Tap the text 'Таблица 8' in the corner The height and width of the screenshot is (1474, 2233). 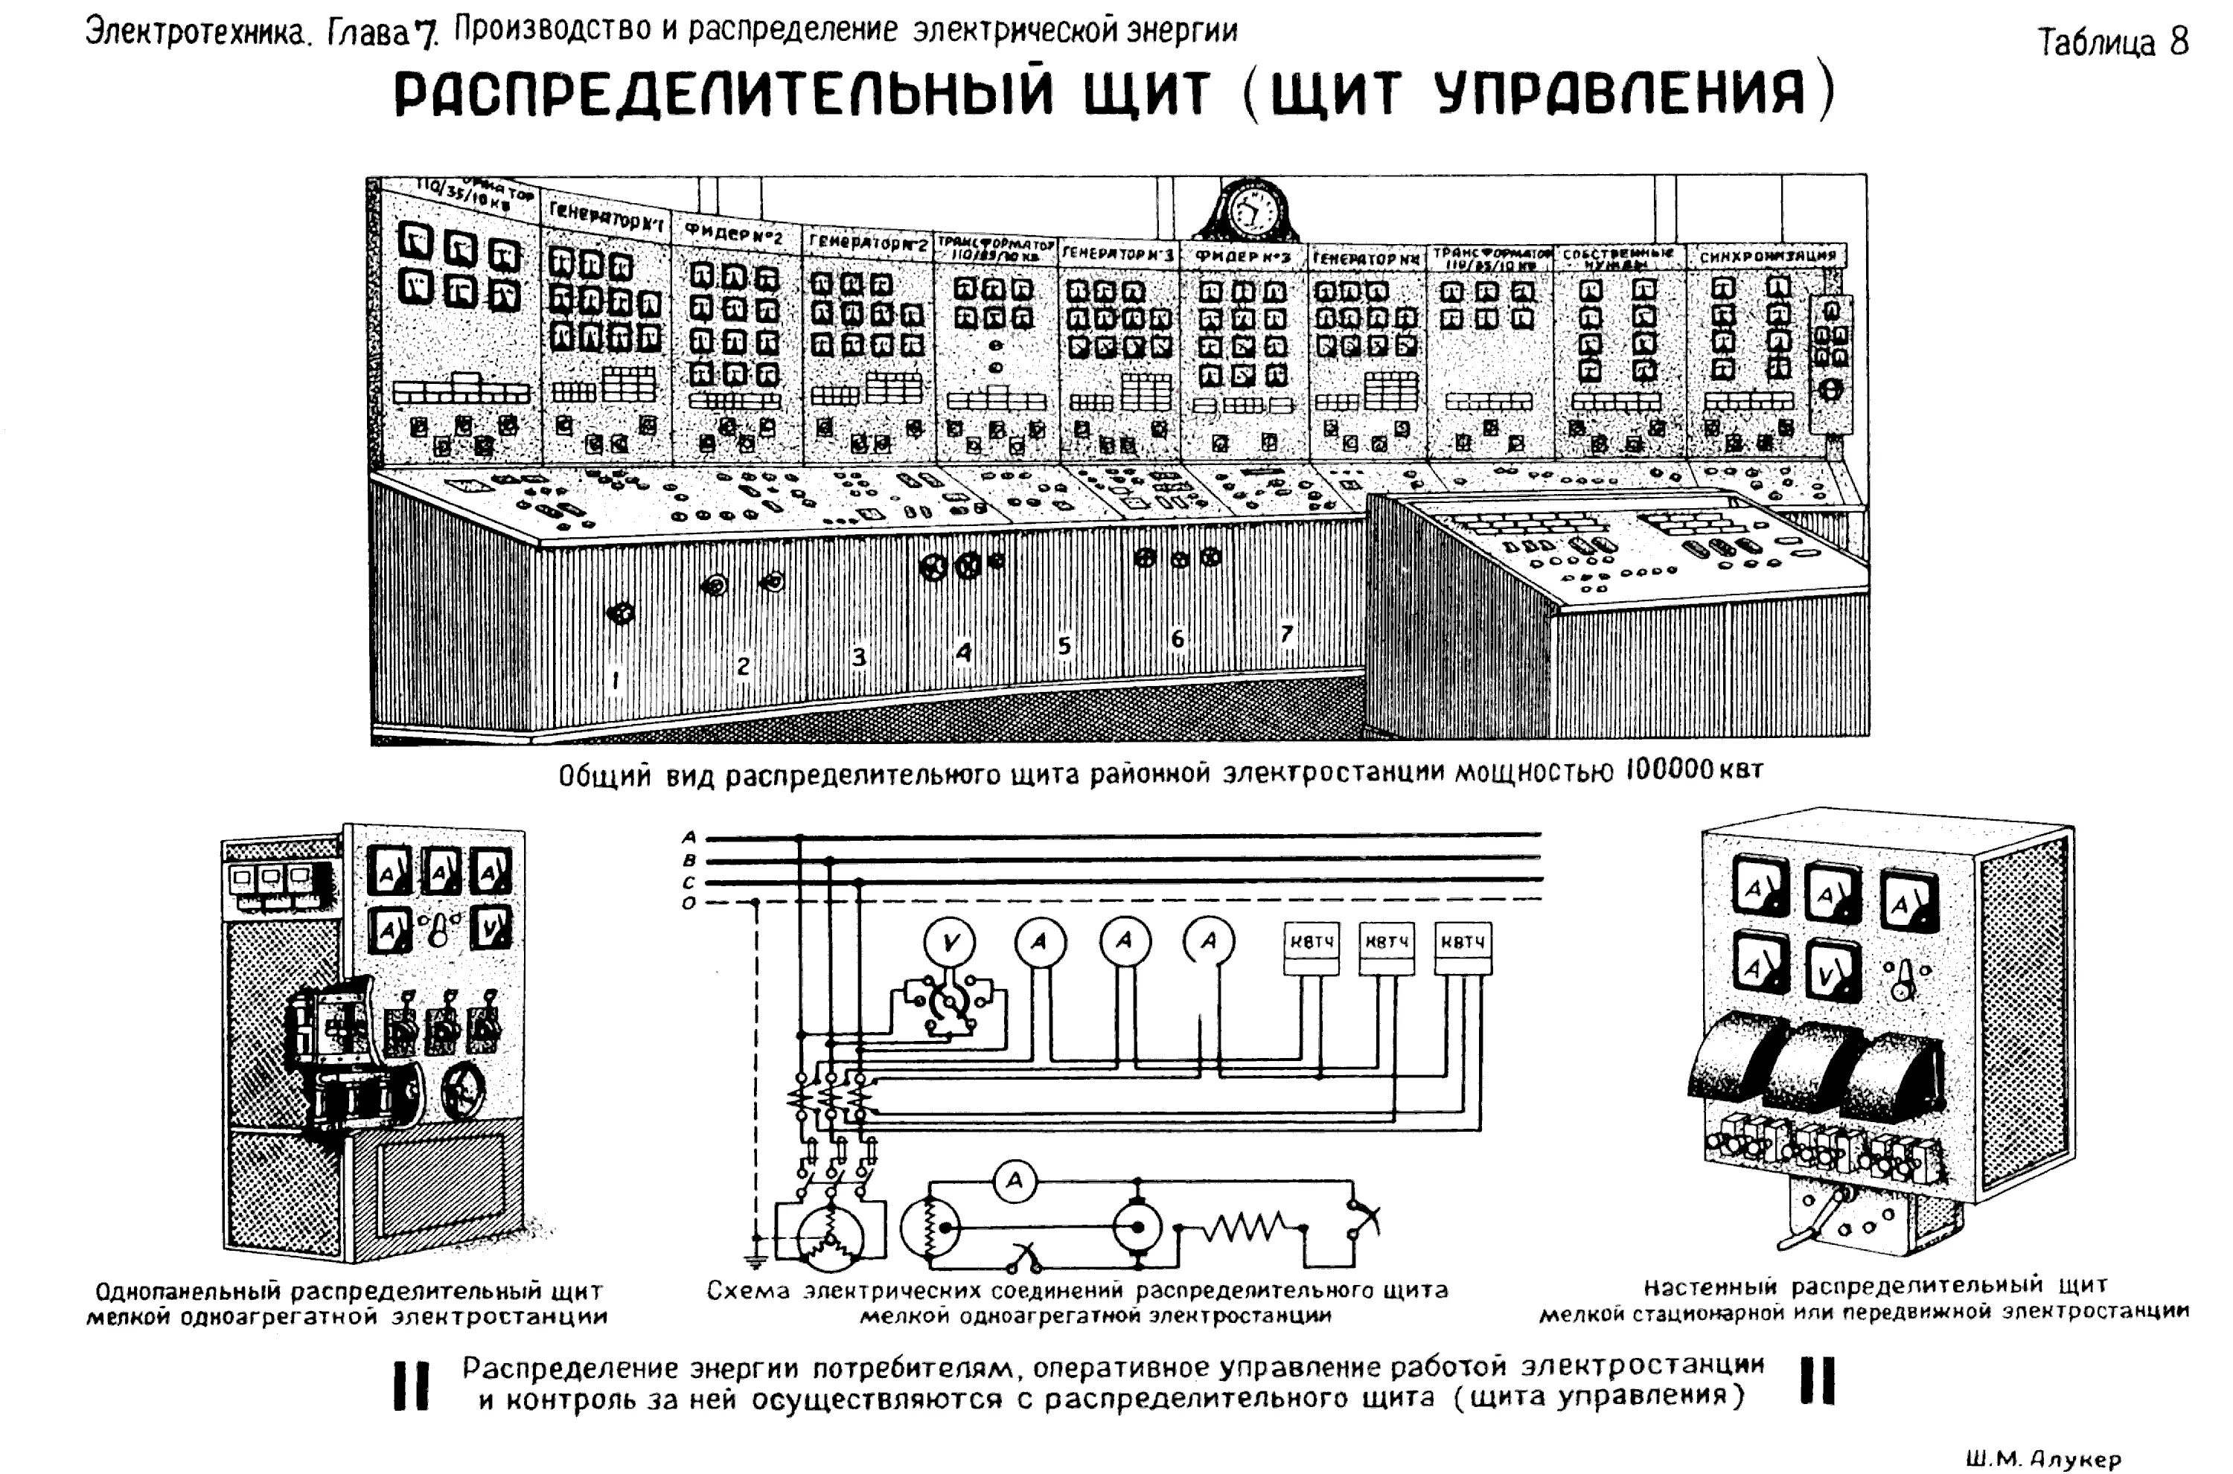coord(2112,43)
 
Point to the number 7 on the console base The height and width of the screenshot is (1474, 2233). coord(1287,634)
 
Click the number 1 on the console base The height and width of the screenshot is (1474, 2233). coord(616,679)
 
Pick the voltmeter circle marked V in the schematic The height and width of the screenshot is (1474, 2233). coord(950,942)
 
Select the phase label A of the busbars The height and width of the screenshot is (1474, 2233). coord(689,836)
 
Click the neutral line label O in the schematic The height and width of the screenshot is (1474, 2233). coord(689,903)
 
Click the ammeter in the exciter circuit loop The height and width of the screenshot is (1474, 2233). coord(1015,1182)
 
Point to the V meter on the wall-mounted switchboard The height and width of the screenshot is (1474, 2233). coord(1833,978)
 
